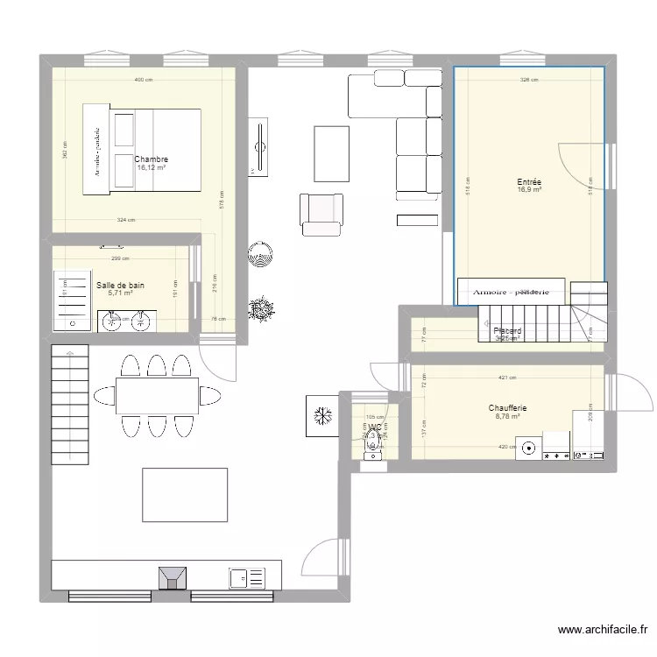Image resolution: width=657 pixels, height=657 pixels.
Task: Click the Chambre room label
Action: click(152, 159)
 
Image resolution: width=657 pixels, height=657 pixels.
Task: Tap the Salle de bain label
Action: click(121, 285)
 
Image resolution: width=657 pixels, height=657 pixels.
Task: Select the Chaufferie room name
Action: click(507, 408)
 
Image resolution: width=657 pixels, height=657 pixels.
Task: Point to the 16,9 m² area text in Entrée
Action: click(529, 189)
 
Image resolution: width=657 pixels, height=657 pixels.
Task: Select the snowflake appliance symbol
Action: click(321, 414)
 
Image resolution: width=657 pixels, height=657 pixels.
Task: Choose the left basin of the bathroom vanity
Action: click(111, 321)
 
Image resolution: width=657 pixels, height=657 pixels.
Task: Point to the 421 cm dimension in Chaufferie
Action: click(506, 378)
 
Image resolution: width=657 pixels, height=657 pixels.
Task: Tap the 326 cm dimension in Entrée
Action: click(529, 80)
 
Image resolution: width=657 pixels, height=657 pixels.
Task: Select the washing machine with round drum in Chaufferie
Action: click(528, 449)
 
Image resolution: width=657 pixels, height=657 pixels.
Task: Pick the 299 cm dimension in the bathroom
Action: click(120, 258)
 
